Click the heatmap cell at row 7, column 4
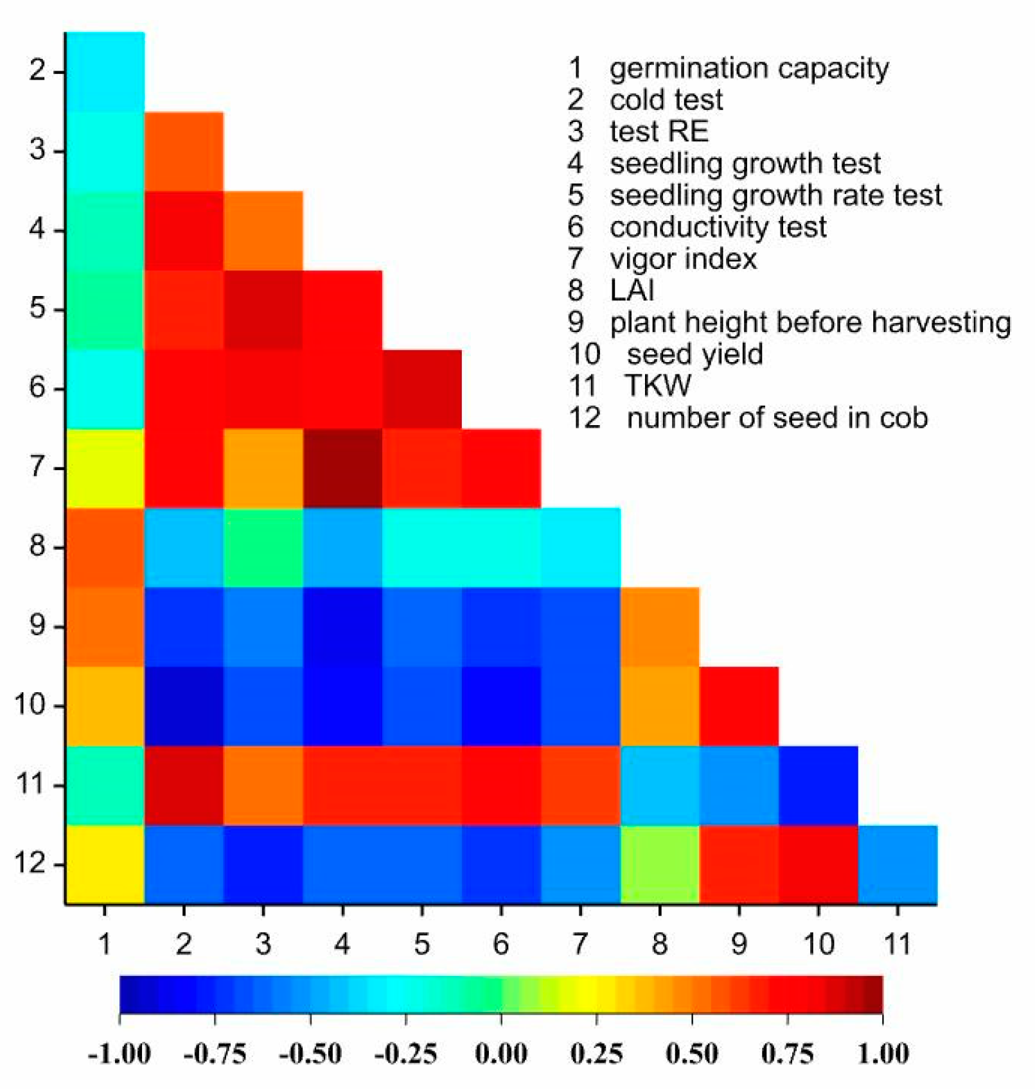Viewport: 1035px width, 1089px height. pos(342,469)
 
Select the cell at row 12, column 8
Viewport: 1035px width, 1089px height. pos(660,865)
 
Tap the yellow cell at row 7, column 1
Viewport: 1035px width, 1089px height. pos(105,469)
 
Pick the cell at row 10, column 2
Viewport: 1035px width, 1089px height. pos(184,706)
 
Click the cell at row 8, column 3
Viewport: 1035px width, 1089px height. pos(263,548)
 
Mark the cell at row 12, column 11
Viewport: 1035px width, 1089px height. pos(898,865)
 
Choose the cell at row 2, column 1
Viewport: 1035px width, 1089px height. pos(105,72)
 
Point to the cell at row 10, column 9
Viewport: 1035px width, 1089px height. pos(739,706)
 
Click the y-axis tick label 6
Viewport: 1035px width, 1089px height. pos(38,388)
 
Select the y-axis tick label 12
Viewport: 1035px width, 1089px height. pos(31,864)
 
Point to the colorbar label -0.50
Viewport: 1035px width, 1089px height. pos(310,1054)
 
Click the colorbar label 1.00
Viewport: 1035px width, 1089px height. pos(883,1054)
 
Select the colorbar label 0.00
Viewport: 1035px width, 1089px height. pos(501,1054)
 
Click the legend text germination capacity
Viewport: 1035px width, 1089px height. pos(749,69)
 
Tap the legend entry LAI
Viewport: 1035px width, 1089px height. pos(632,291)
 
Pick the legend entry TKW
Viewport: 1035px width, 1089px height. pos(658,386)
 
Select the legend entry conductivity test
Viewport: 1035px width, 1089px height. pos(718,227)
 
